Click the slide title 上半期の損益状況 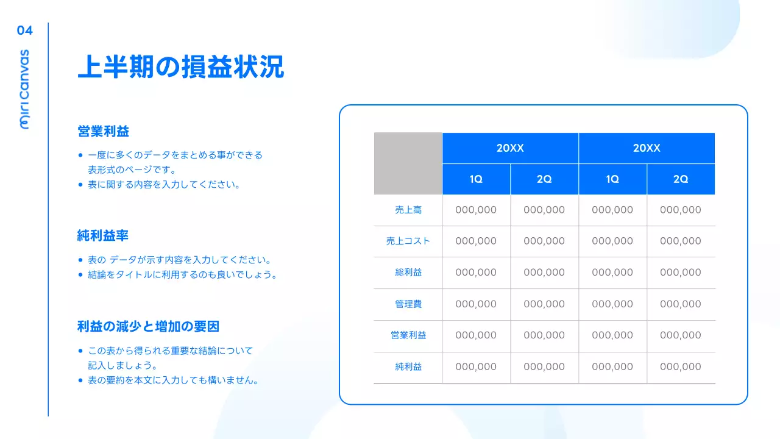point(181,68)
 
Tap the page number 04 point(25,30)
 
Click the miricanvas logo point(25,89)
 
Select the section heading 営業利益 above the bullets point(104,131)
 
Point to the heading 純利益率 point(103,235)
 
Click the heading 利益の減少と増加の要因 point(148,326)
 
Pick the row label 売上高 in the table point(408,210)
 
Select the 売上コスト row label point(408,241)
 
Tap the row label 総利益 point(408,273)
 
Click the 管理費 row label point(408,304)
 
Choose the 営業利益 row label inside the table point(408,335)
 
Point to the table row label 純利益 point(408,366)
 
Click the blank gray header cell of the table point(408,163)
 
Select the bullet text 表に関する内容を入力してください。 point(164,184)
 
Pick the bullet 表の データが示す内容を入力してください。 point(179,260)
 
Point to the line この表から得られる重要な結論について point(170,351)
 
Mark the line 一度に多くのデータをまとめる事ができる point(175,155)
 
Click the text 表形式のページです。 point(132,170)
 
